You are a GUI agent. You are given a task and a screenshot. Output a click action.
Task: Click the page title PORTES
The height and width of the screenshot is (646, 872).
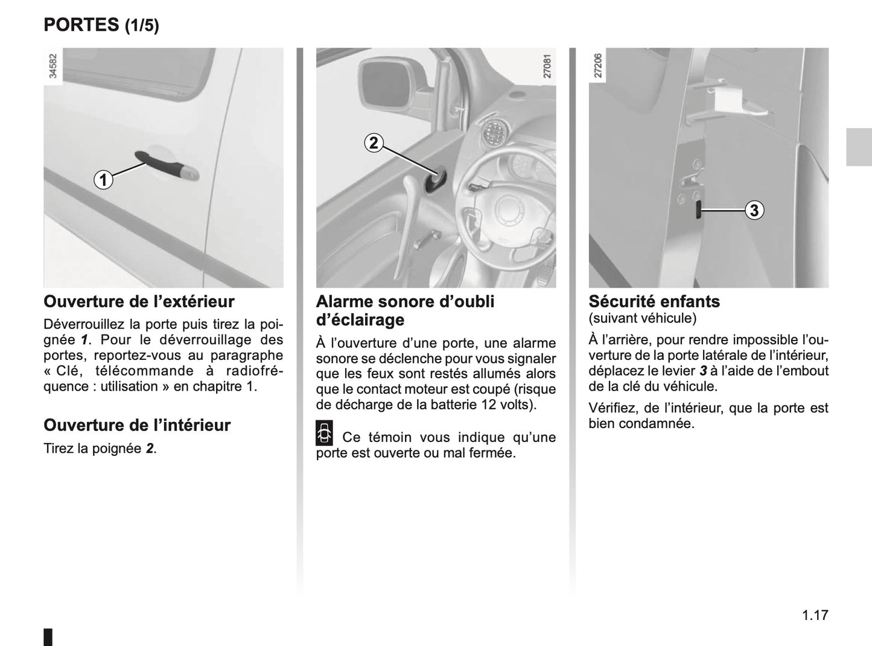pos(81,25)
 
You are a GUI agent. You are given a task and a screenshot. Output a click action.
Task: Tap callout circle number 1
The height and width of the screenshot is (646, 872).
pos(103,180)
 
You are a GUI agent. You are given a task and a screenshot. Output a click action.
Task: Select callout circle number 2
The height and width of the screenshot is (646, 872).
pos(374,143)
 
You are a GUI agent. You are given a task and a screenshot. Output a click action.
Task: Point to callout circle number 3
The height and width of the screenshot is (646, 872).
pos(754,210)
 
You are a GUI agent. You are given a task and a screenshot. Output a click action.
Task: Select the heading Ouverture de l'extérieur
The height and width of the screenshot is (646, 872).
pos(139,301)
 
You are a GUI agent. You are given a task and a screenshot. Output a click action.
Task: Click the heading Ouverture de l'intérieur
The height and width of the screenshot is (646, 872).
pos(137,425)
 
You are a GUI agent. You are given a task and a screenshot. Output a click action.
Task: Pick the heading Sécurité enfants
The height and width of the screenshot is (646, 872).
pos(654,301)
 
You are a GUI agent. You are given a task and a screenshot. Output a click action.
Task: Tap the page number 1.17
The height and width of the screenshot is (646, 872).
pos(815,615)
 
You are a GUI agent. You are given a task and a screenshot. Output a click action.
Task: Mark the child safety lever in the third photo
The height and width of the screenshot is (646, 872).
pos(698,211)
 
